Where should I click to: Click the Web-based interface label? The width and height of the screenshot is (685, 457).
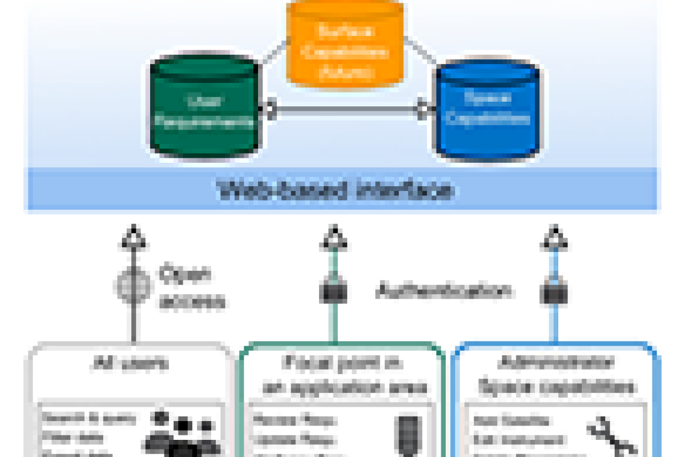pyautogui.click(x=337, y=190)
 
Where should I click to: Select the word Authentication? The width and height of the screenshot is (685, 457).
pyautogui.click(x=442, y=292)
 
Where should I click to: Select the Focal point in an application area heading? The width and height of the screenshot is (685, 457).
pyautogui.click(x=342, y=375)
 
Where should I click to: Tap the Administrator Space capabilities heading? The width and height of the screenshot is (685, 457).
pyautogui.click(x=557, y=375)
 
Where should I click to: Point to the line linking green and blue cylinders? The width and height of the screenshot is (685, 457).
pyautogui.click(x=346, y=110)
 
